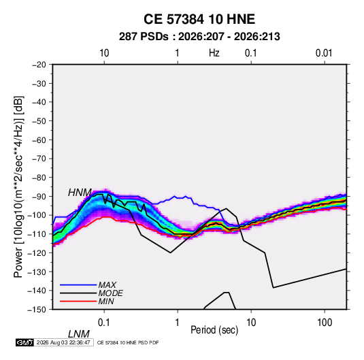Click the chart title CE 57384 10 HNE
point(199,19)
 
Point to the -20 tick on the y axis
point(39,65)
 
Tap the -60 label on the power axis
point(39,140)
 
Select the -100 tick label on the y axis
point(37,215)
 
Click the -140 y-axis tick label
point(37,291)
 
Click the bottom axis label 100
point(325,323)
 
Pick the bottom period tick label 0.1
point(104,323)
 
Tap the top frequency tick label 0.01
point(324,53)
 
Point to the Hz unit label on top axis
point(214,53)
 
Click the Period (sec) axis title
point(214,330)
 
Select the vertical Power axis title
point(18,187)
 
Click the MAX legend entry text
point(107,284)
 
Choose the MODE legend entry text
point(110,293)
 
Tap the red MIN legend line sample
point(78,301)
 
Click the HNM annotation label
point(80,193)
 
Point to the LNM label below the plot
point(78,334)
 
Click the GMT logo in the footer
point(25,342)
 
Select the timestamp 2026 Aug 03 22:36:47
point(63,342)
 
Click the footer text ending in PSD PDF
point(128,342)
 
